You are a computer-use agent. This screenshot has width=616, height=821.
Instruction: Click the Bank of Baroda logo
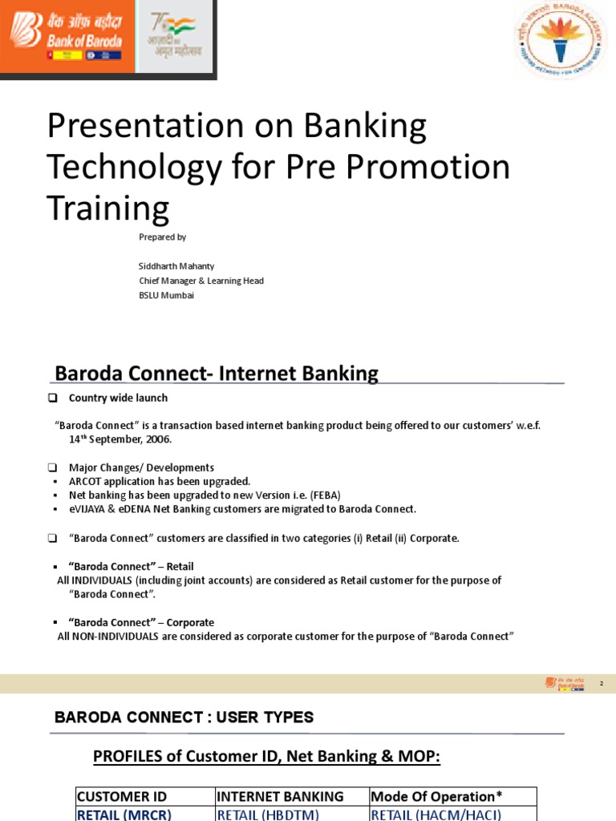(x=65, y=36)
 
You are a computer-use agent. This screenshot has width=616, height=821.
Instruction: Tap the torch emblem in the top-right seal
(x=561, y=38)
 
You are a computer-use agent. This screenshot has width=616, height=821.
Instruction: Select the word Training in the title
(x=107, y=208)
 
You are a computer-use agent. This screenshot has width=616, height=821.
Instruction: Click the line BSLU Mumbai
(x=167, y=295)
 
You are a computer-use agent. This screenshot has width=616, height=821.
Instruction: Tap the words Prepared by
(x=163, y=237)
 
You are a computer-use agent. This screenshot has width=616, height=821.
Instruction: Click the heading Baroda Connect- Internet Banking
(x=216, y=374)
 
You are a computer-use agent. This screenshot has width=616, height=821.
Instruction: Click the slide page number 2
(x=601, y=683)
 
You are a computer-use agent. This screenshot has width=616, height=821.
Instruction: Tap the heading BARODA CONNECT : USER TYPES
(x=184, y=718)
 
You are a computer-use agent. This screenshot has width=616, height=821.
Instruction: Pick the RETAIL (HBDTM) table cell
(x=268, y=815)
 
